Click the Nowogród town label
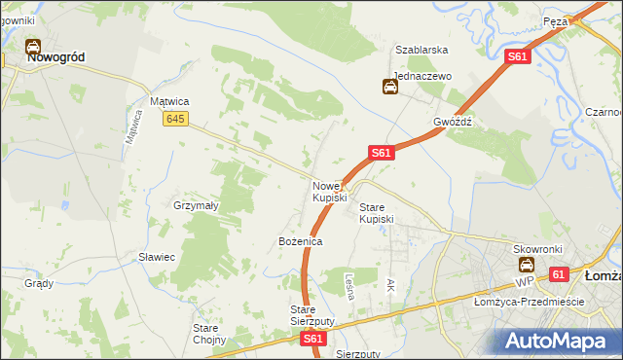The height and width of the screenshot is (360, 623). (x=55, y=57)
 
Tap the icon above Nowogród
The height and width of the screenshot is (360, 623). (x=32, y=45)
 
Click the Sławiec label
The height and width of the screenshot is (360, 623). (x=156, y=257)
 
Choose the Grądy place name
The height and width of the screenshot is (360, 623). (x=39, y=284)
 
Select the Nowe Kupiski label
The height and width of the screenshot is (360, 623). (x=329, y=192)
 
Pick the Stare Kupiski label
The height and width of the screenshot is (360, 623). (x=377, y=213)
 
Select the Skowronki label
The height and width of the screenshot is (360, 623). (x=538, y=249)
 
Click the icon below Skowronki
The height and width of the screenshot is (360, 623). (x=526, y=265)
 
